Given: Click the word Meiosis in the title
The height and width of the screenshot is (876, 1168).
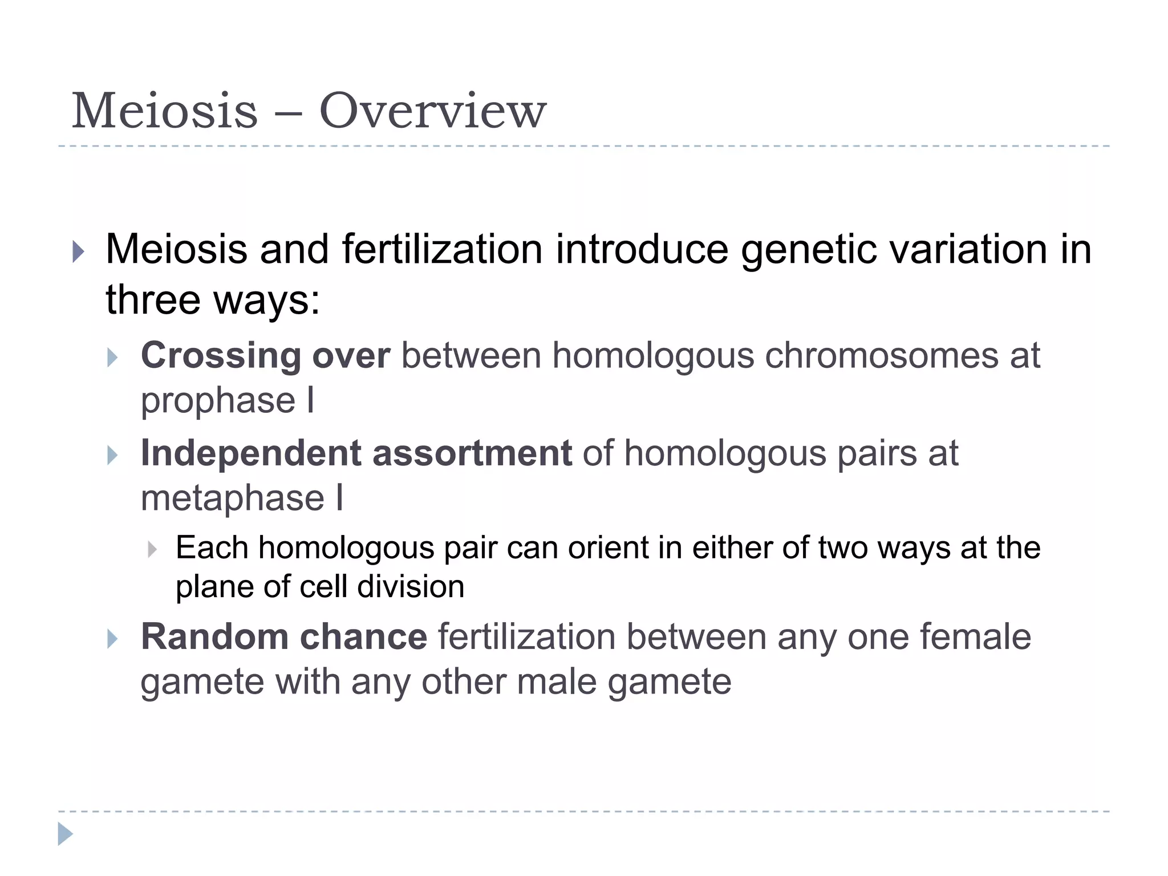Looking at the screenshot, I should click(165, 111).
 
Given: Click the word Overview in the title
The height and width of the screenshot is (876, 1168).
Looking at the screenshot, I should click(432, 111).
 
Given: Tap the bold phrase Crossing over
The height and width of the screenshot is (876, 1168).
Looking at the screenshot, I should click(265, 355).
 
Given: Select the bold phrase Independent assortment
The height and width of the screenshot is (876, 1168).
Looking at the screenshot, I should click(356, 453).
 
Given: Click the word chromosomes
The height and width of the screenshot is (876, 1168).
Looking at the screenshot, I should click(882, 355).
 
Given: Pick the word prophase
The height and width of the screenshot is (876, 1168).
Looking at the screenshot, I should click(218, 400).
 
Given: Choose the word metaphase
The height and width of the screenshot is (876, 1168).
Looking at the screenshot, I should click(232, 498).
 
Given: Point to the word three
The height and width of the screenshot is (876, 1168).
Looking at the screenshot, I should click(152, 299).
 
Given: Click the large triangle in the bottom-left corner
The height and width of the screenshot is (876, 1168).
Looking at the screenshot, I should click(65, 834).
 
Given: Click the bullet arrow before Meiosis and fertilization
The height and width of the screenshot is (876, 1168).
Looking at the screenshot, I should click(79, 252).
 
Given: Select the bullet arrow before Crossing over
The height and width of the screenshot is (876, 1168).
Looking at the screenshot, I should click(112, 358).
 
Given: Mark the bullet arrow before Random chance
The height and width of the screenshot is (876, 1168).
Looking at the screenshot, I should click(112, 639).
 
